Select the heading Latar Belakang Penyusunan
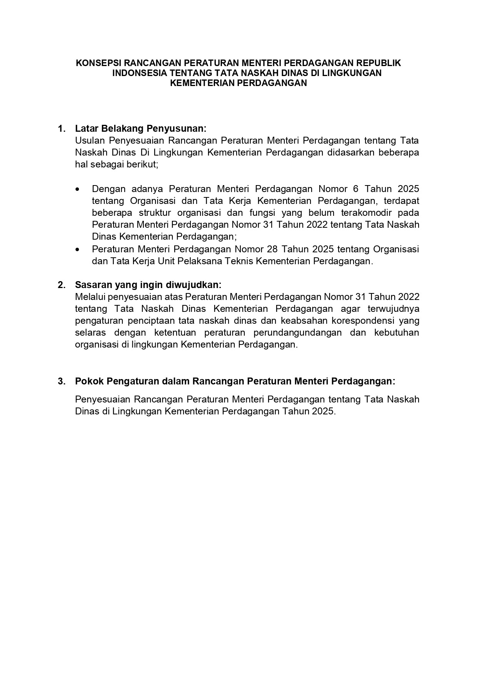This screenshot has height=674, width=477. tap(141, 128)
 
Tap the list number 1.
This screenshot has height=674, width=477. tap(61, 128)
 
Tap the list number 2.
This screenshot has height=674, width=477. tap(61, 285)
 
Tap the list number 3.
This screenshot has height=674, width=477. tap(61, 381)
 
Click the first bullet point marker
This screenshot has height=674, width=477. tap(78, 189)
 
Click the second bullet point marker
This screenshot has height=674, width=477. tap(78, 250)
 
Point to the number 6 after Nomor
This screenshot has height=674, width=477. tap(355, 189)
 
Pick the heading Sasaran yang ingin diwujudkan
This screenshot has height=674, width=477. tap(148, 285)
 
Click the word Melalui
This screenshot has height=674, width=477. tap(90, 297)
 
